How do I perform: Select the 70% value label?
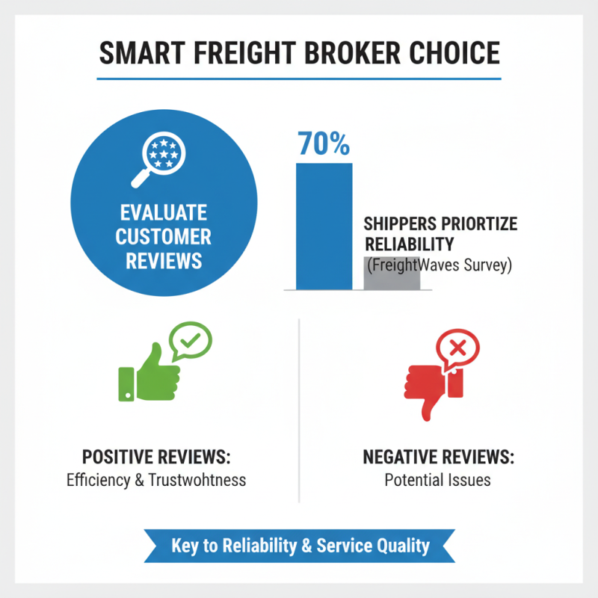coord(324,144)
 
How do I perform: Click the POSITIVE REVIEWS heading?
coord(156,457)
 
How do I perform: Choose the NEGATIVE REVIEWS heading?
coord(438,457)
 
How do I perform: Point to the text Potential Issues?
coord(438,480)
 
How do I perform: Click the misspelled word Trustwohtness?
coord(199,480)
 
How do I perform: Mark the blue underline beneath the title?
coord(299,78)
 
